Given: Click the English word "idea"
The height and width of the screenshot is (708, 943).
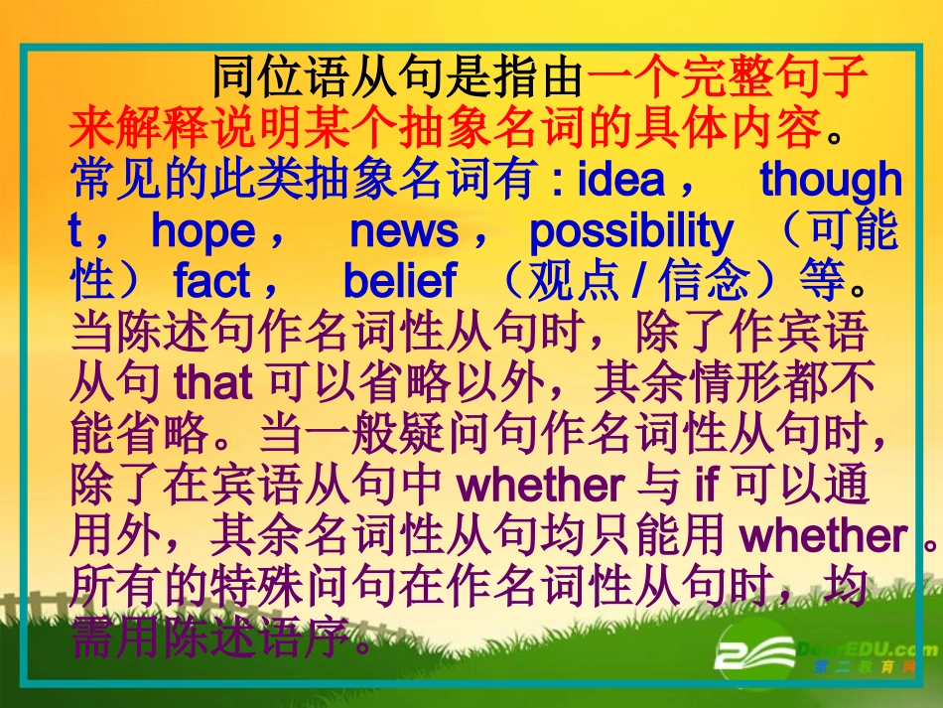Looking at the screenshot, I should pos(620,180).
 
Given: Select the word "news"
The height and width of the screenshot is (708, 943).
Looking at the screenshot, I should pos(404,231).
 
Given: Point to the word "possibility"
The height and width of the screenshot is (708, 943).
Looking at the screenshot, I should pos(631,231).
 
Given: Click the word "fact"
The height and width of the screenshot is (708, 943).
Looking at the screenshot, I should pos(212,283).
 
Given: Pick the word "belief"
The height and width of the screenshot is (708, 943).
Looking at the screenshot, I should pos(399,283).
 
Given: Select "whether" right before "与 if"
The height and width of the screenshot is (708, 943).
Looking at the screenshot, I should pos(544,486).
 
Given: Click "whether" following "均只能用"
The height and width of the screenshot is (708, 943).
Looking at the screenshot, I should pos(823,536).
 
